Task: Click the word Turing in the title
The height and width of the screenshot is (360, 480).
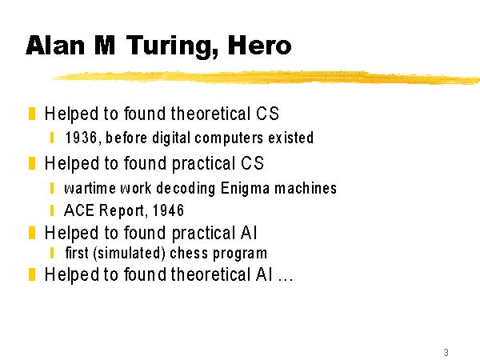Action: pyautogui.click(x=173, y=46)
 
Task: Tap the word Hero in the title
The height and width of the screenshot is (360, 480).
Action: pyautogui.click(x=260, y=46)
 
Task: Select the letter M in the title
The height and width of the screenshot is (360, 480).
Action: pyautogui.click(x=105, y=46)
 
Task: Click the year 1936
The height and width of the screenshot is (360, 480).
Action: pyautogui.click(x=81, y=138)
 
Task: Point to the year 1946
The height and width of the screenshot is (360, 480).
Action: pyautogui.click(x=168, y=210)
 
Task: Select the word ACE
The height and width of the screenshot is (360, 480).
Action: pyautogui.click(x=79, y=210)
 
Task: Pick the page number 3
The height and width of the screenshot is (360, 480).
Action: pyautogui.click(x=446, y=352)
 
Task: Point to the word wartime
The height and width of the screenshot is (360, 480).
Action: pyautogui.click(x=90, y=188)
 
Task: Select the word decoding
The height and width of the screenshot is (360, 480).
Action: pyautogui.click(x=186, y=189)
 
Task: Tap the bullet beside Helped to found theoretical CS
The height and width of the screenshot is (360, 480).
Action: pyautogui.click(x=32, y=114)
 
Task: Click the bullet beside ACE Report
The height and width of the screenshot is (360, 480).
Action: pyautogui.click(x=52, y=210)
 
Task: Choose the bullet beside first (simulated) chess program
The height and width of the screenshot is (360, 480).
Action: pyautogui.click(x=52, y=253)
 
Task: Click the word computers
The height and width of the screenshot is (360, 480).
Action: pyautogui.click(x=229, y=138)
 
